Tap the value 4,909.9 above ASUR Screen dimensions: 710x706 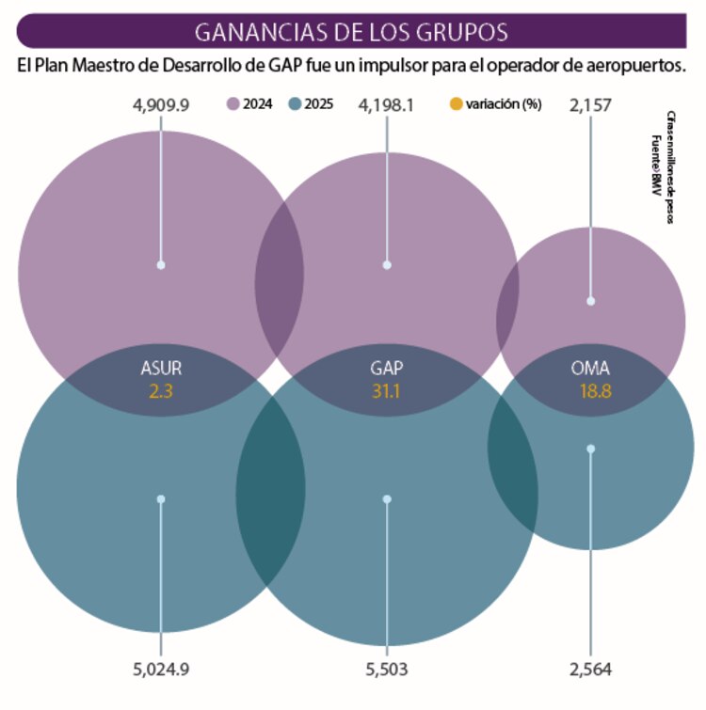click(162, 104)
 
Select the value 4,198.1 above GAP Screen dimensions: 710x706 click(387, 104)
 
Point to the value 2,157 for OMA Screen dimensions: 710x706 click(590, 104)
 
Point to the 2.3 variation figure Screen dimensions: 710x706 click(161, 389)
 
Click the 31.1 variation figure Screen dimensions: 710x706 click(387, 389)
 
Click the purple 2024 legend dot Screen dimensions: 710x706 click(233, 104)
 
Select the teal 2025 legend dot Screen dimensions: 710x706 click(296, 104)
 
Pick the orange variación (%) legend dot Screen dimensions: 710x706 click(457, 104)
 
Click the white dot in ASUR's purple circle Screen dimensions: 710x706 click(161, 265)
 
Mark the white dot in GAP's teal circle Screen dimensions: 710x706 click(387, 498)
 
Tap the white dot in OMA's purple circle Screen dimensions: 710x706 click(591, 301)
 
